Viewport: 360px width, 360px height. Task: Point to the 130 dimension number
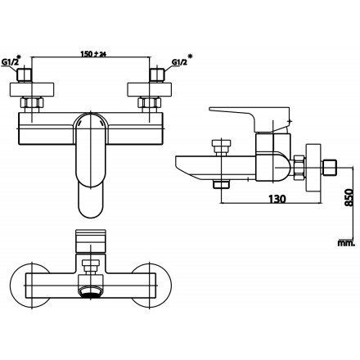(277, 198)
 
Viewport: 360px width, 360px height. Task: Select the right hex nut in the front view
(151, 104)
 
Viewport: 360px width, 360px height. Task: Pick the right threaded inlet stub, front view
(155, 79)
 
